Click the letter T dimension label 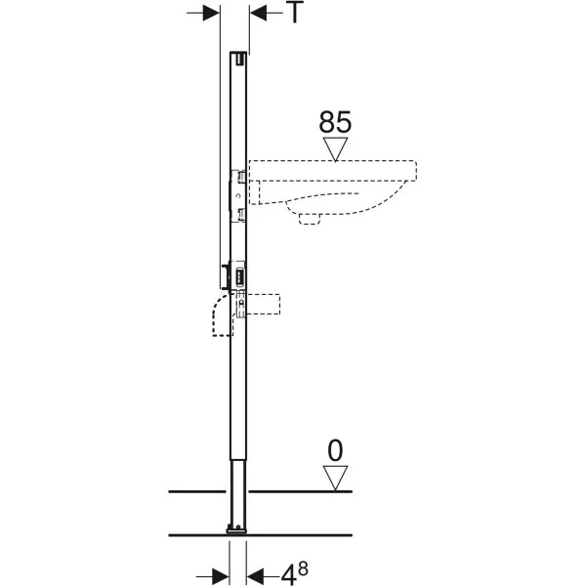295,13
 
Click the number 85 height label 335,122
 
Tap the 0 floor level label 335,450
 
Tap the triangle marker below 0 335,478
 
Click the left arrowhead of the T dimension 211,13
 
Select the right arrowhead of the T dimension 258,13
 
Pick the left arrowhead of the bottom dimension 221,575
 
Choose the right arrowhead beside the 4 255,575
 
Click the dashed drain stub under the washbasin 310,219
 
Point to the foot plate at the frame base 236,529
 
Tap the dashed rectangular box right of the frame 263,304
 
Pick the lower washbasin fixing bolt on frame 240,214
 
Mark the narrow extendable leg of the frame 237,492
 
